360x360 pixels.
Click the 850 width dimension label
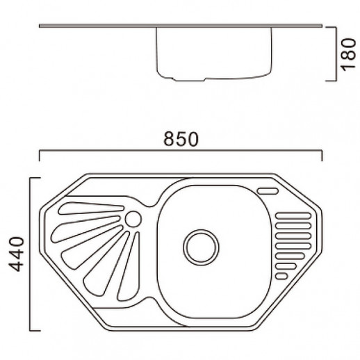(181, 139)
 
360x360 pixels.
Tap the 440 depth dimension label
(17, 254)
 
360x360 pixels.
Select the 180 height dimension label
(348, 55)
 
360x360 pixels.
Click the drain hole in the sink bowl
(201, 247)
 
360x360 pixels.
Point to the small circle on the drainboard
(133, 219)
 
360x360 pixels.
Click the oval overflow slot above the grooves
(268, 191)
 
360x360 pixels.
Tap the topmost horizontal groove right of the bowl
(293, 215)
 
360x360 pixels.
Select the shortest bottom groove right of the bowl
(281, 277)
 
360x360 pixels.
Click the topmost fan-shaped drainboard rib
(91, 208)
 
